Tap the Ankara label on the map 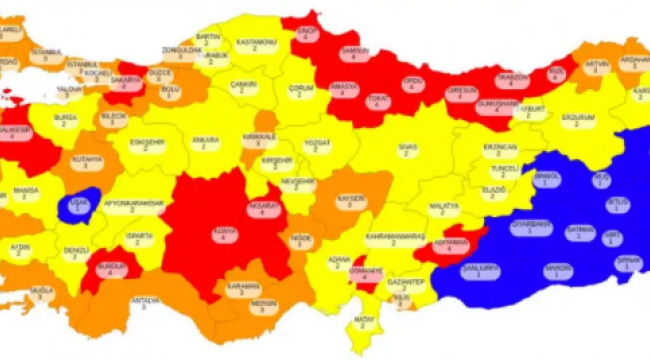205,141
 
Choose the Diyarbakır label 532,229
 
